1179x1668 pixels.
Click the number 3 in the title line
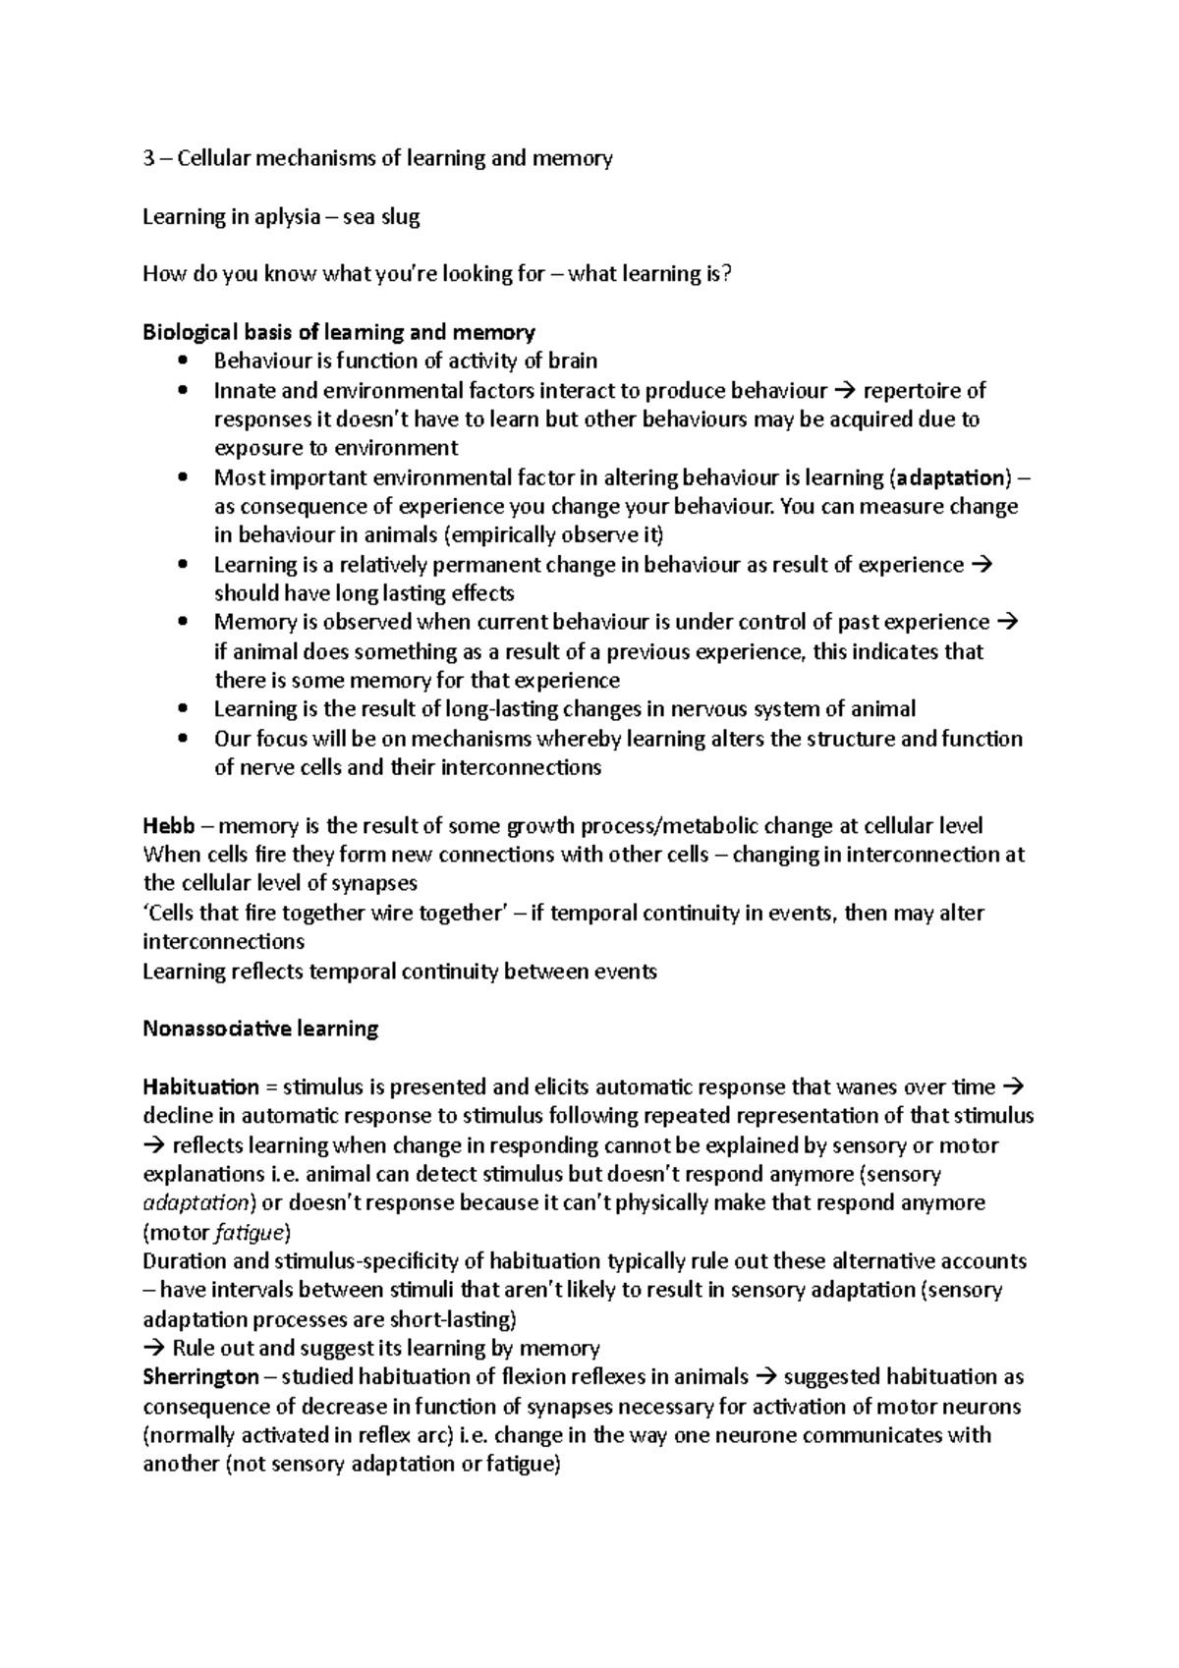(x=148, y=159)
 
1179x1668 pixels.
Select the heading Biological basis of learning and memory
(x=338, y=332)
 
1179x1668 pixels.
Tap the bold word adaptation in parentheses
(x=952, y=478)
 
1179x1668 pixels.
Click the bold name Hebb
(x=168, y=825)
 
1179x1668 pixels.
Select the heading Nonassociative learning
(x=260, y=1029)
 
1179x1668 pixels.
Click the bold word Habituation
(x=200, y=1086)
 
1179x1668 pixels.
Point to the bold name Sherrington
(x=200, y=1376)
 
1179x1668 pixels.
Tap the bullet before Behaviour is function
(x=183, y=361)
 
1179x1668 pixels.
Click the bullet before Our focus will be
(x=183, y=739)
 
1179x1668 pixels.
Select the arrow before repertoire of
(x=844, y=391)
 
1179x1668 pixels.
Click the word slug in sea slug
(x=401, y=217)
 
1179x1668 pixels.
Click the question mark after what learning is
(x=727, y=274)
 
